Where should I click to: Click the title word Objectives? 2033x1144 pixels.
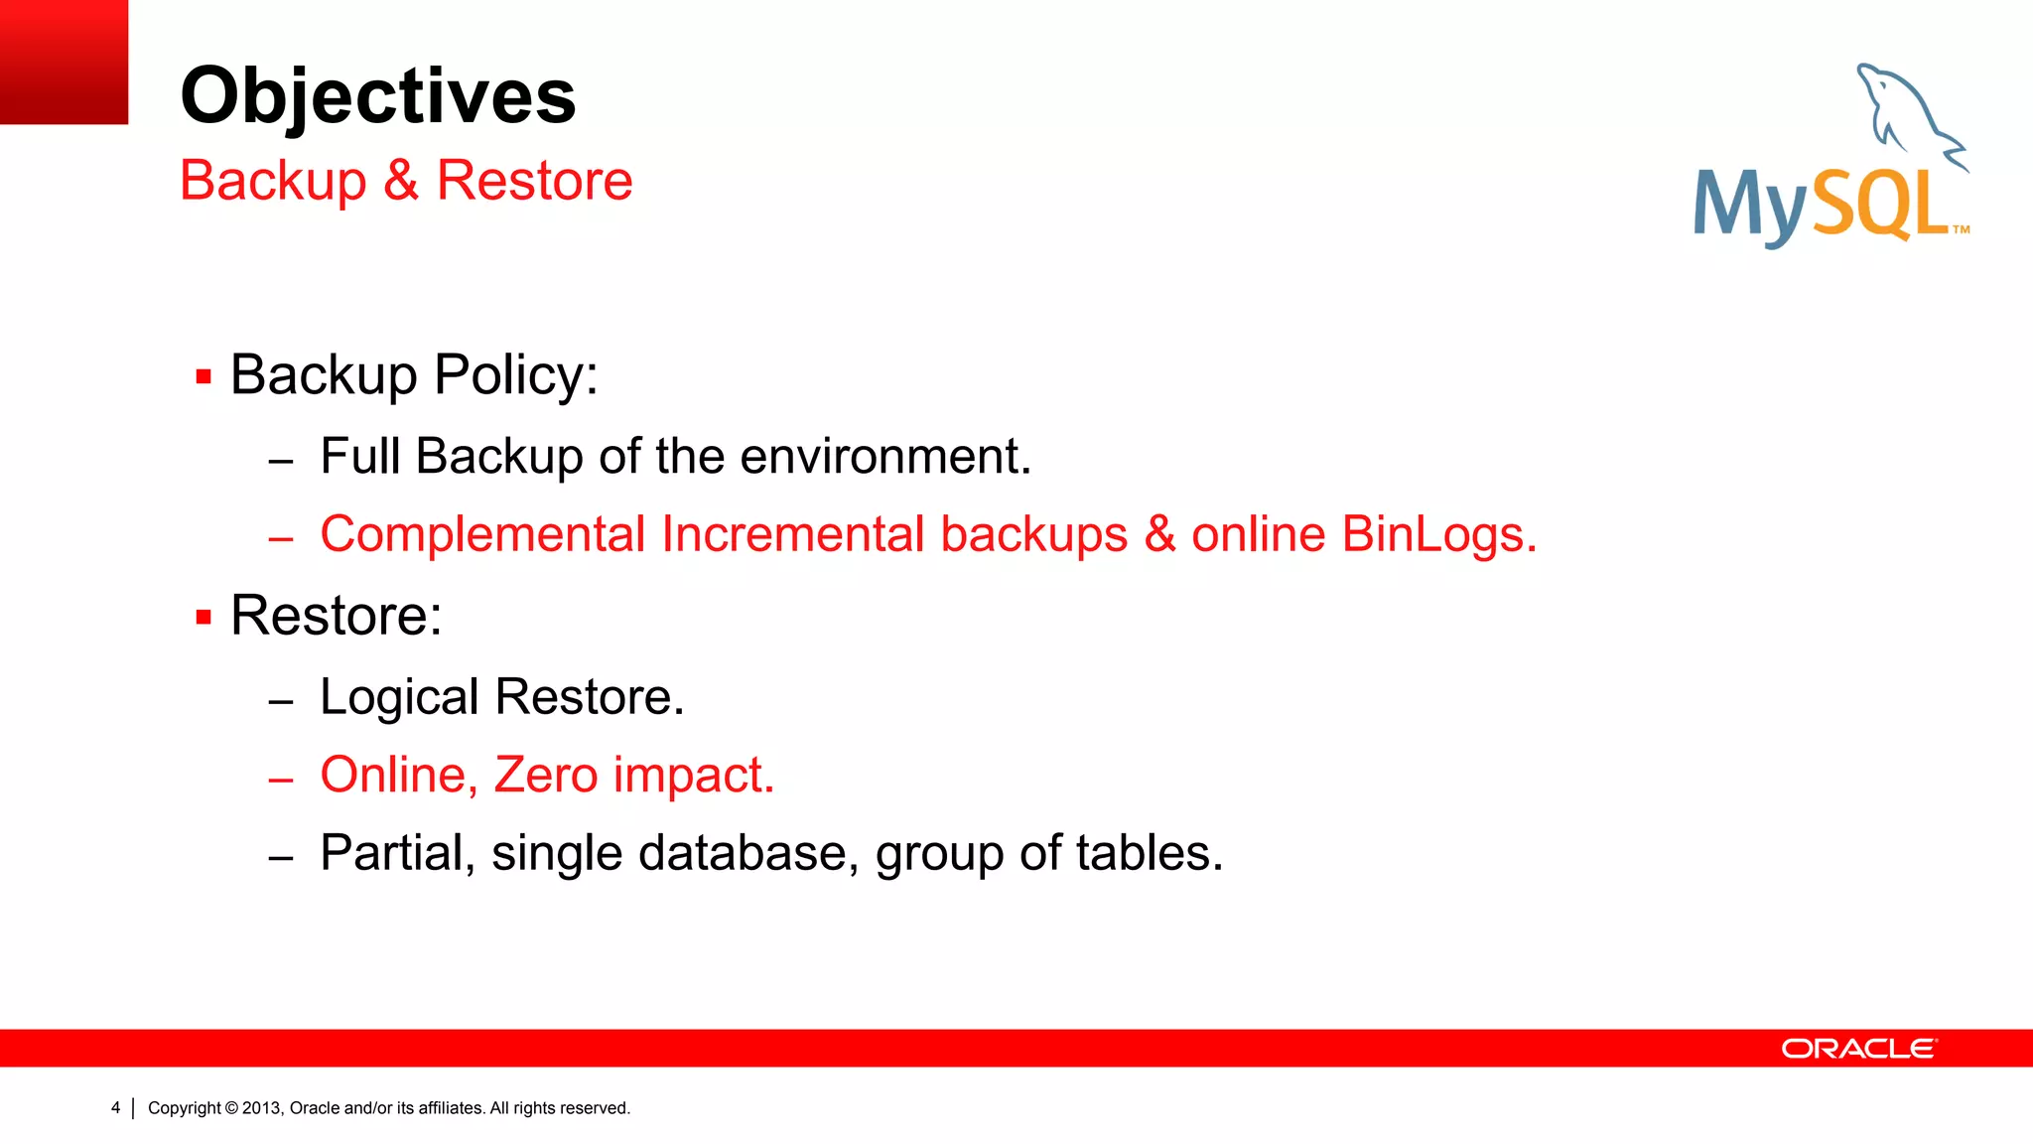pyautogui.click(x=377, y=96)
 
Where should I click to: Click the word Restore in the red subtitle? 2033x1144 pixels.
pyautogui.click(x=534, y=181)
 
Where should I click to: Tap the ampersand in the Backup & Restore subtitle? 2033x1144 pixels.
pyautogui.click(x=400, y=181)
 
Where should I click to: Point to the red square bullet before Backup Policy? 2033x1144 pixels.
pyautogui.click(x=203, y=377)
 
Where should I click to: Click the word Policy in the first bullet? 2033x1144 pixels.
pyautogui.click(x=515, y=375)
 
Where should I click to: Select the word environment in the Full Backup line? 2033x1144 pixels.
pyautogui.click(x=884, y=457)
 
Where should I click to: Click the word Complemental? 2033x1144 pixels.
pyautogui.click(x=482, y=534)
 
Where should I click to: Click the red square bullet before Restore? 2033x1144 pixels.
pyautogui.click(x=203, y=618)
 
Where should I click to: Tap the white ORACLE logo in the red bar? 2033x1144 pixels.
pyautogui.click(x=1858, y=1049)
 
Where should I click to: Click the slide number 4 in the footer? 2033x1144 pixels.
pyautogui.click(x=115, y=1108)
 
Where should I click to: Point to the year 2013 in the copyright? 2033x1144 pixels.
pyautogui.click(x=262, y=1108)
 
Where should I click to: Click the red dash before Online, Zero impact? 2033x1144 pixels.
pyautogui.click(x=281, y=781)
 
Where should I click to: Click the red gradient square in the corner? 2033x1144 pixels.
pyautogui.click(x=64, y=62)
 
